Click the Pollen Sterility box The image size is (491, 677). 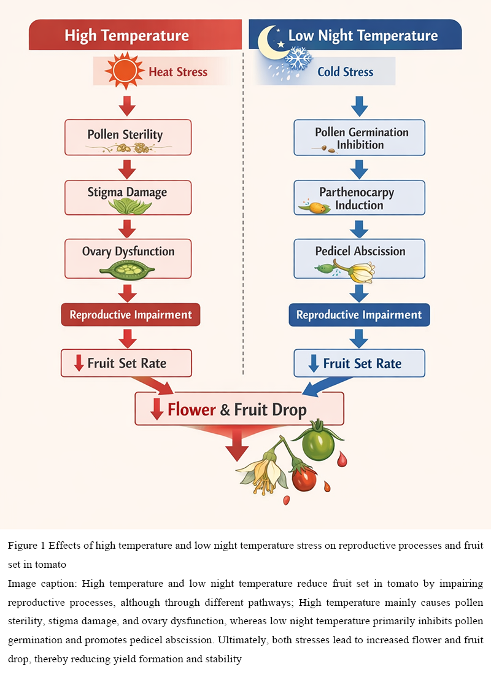[128, 137]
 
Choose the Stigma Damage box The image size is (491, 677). [128, 197]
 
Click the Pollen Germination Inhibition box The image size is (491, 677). [359, 138]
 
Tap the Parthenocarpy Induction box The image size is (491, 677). [359, 198]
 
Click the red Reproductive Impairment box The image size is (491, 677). [130, 315]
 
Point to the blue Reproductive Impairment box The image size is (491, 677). [359, 315]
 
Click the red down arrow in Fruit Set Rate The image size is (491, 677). [79, 363]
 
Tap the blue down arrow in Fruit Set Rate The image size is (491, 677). [314, 363]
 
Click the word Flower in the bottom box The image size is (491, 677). [191, 409]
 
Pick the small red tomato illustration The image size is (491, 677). [303, 478]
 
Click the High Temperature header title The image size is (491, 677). [126, 35]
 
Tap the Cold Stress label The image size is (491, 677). [346, 72]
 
